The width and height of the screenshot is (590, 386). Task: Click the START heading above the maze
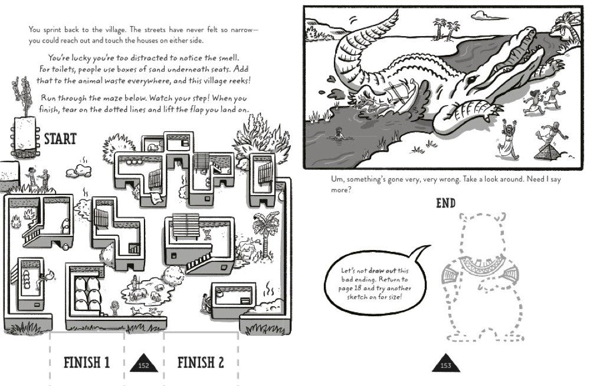tap(61, 140)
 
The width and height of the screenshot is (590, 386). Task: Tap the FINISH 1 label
tap(87, 362)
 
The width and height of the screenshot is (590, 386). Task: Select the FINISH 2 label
tap(201, 362)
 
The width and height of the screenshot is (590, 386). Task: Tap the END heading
tap(445, 203)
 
